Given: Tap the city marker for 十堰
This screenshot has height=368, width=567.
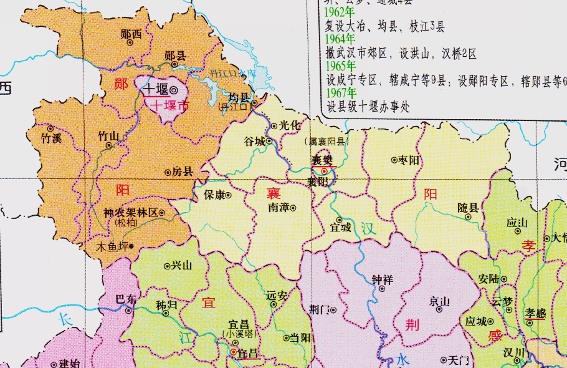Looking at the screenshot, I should click(x=173, y=89).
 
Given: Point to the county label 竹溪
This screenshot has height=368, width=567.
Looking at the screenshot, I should click(x=51, y=138).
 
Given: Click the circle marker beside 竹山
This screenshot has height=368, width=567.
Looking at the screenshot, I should click(x=109, y=145).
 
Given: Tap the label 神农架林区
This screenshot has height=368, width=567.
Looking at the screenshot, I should click(x=130, y=213).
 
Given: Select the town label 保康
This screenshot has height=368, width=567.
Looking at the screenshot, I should click(x=214, y=195).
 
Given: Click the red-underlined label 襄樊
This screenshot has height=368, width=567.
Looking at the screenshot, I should click(x=323, y=161).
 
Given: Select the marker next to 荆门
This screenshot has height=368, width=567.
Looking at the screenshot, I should click(x=333, y=309).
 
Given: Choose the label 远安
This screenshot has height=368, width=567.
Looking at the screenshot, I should click(x=276, y=296).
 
